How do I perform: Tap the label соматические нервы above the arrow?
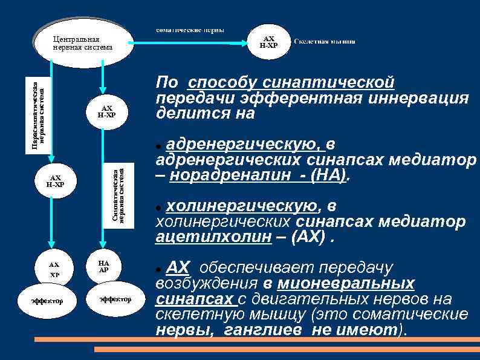(190, 30)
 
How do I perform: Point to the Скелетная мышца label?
(325, 42)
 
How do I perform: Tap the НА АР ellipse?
(103, 267)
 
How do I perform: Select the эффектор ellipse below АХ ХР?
(47, 301)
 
